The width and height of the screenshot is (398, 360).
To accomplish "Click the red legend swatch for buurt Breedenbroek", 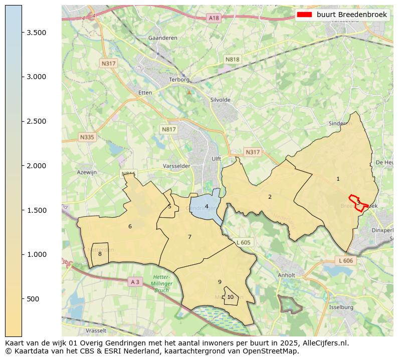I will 304,15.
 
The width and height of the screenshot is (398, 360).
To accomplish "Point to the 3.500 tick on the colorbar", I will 22,33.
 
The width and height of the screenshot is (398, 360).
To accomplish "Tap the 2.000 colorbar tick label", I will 37,166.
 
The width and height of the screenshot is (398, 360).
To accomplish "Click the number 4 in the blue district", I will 207,206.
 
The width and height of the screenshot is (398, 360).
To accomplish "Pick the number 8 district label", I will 100,254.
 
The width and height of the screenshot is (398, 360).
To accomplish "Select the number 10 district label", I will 230,297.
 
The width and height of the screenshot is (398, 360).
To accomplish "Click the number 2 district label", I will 270,197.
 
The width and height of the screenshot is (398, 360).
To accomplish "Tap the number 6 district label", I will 130,226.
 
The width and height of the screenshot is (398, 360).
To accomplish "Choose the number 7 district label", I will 189,237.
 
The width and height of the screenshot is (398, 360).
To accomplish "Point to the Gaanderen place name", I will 163,38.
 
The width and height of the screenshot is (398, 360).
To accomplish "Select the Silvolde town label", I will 221,100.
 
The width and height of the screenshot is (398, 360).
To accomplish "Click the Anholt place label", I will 286,274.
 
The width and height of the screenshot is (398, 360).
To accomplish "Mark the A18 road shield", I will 214,18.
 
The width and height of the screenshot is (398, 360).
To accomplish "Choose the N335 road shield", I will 87,137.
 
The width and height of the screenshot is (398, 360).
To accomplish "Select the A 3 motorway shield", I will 135,282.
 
